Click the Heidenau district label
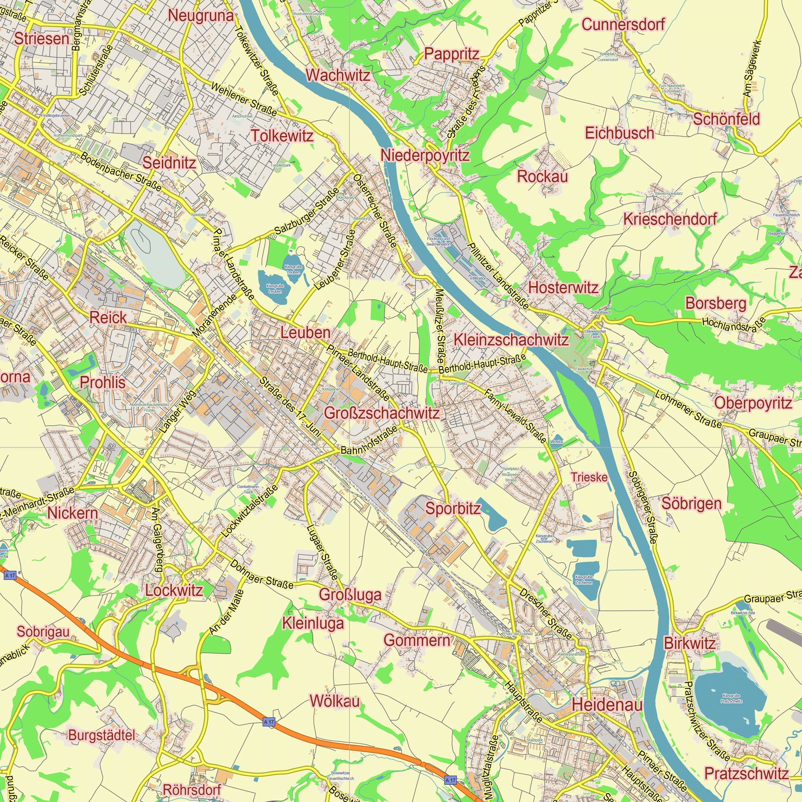[x=607, y=705]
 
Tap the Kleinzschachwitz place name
[x=511, y=340]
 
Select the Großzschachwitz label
[x=381, y=413]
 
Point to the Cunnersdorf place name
[x=623, y=24]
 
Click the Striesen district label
[x=42, y=39]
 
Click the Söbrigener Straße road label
[x=643, y=507]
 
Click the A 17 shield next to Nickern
[x=10, y=575]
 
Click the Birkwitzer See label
[x=743, y=613]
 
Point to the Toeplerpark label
[x=281, y=165]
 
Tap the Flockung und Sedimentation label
[x=438, y=241]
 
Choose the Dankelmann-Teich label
[x=248, y=489]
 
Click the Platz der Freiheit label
[x=518, y=634]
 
